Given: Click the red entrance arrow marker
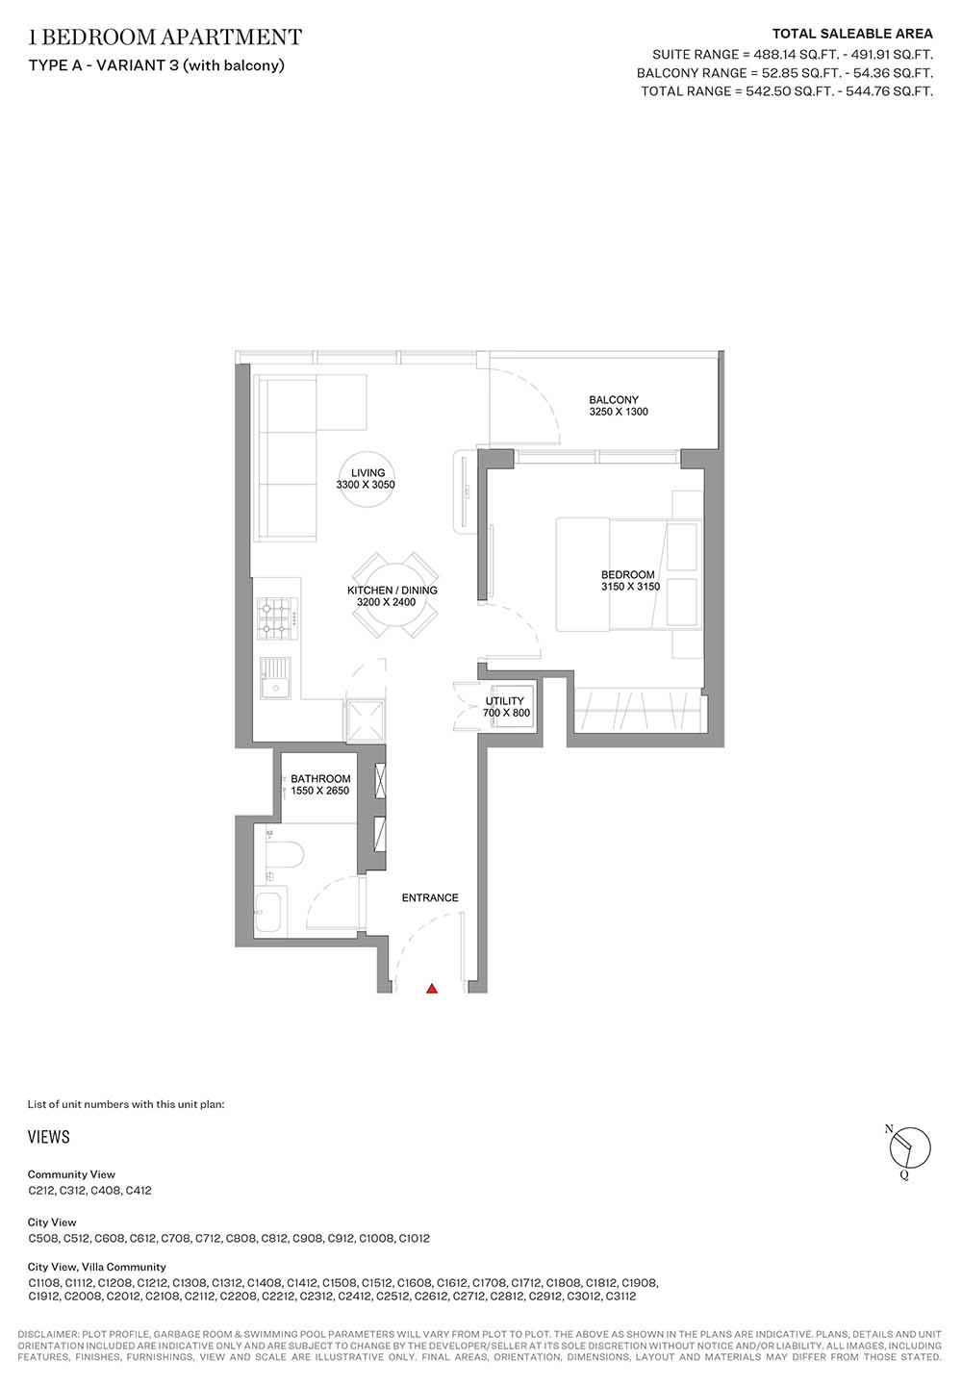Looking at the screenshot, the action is point(432,988).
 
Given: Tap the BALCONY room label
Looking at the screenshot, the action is point(614,400).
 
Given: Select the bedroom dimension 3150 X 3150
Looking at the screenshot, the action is point(630,587).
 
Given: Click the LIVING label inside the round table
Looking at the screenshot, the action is point(367,472).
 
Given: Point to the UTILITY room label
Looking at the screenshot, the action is point(504,701).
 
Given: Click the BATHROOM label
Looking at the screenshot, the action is point(320,779).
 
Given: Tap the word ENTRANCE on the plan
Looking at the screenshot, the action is point(430,897).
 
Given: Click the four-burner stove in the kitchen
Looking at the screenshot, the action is point(277,618).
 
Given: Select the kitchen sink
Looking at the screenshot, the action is point(275,678).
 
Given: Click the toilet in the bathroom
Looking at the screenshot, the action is point(284,856).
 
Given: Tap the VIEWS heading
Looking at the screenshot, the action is point(49,1137).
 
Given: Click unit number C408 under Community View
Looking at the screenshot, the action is point(106,1190).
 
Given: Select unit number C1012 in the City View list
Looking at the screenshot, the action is point(415,1238).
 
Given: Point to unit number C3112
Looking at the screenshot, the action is point(620,1297).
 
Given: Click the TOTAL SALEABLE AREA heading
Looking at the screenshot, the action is point(852,34).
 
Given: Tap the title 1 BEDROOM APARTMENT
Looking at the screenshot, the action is point(165,38).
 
